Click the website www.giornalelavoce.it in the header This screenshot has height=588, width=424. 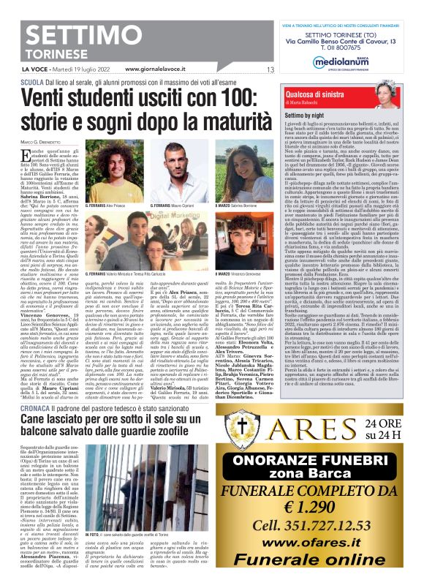[x=159, y=70]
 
